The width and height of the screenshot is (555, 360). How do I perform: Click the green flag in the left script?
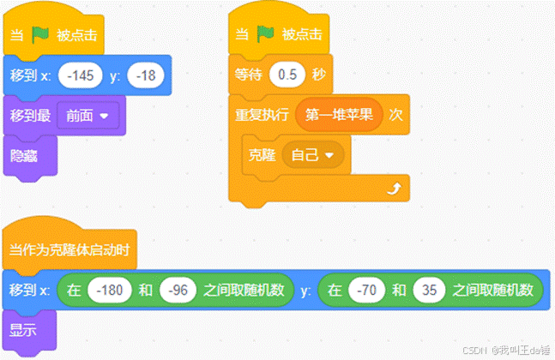(40, 36)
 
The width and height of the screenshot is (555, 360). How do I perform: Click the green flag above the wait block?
(268, 36)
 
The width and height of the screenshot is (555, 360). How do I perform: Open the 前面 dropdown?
(87, 115)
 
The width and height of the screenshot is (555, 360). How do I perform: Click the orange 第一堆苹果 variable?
(339, 114)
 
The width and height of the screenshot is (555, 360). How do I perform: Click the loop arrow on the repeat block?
(394, 188)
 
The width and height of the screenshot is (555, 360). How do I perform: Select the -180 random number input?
(110, 290)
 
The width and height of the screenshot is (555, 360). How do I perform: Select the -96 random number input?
(178, 290)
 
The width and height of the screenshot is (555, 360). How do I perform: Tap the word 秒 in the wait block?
(319, 75)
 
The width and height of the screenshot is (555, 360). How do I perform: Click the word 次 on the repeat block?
(395, 114)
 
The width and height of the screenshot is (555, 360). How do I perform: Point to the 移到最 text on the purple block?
(29, 115)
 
